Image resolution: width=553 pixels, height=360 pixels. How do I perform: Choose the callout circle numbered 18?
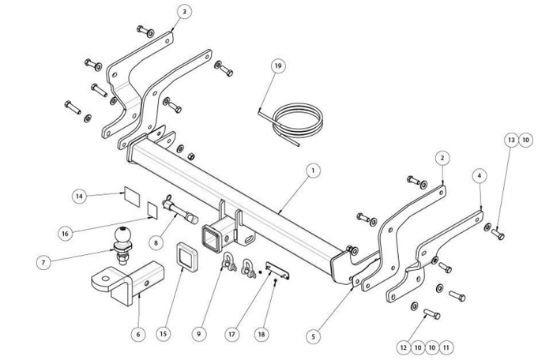261,334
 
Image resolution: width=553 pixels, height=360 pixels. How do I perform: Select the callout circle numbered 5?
314,336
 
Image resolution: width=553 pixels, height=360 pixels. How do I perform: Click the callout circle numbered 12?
404,346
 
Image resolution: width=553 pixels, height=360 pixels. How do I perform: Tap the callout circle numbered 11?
446,346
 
